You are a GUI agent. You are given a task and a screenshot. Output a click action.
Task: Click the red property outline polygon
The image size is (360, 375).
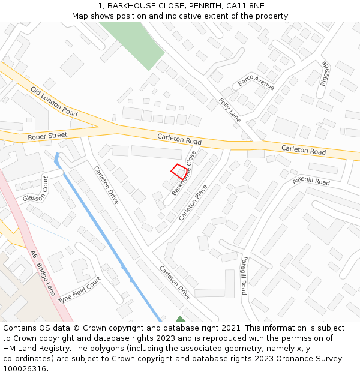[178, 170]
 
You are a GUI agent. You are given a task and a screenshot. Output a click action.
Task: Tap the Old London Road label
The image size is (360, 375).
[54, 101]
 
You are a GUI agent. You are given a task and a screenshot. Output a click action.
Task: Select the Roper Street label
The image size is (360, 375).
[47, 136]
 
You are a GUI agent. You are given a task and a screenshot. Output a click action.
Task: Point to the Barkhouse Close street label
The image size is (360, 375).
[184, 173]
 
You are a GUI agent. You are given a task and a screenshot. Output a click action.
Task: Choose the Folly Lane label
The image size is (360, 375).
[229, 110]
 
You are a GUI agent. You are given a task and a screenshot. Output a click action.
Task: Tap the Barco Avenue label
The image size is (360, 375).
[256, 82]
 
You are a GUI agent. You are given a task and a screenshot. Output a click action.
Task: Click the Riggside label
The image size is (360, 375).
[325, 73]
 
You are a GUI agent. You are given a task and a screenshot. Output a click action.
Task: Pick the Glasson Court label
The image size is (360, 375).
[35, 189]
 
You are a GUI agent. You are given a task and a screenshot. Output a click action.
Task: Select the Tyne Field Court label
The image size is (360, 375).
[80, 290]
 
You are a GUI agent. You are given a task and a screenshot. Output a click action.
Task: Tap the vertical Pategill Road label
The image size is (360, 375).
[244, 275]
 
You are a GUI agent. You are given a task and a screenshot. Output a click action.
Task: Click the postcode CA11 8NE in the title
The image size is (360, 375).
[245, 5]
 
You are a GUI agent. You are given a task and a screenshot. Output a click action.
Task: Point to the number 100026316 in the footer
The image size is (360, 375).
[25, 369]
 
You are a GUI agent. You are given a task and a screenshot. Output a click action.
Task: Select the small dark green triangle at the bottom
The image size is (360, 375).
[180, 319]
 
